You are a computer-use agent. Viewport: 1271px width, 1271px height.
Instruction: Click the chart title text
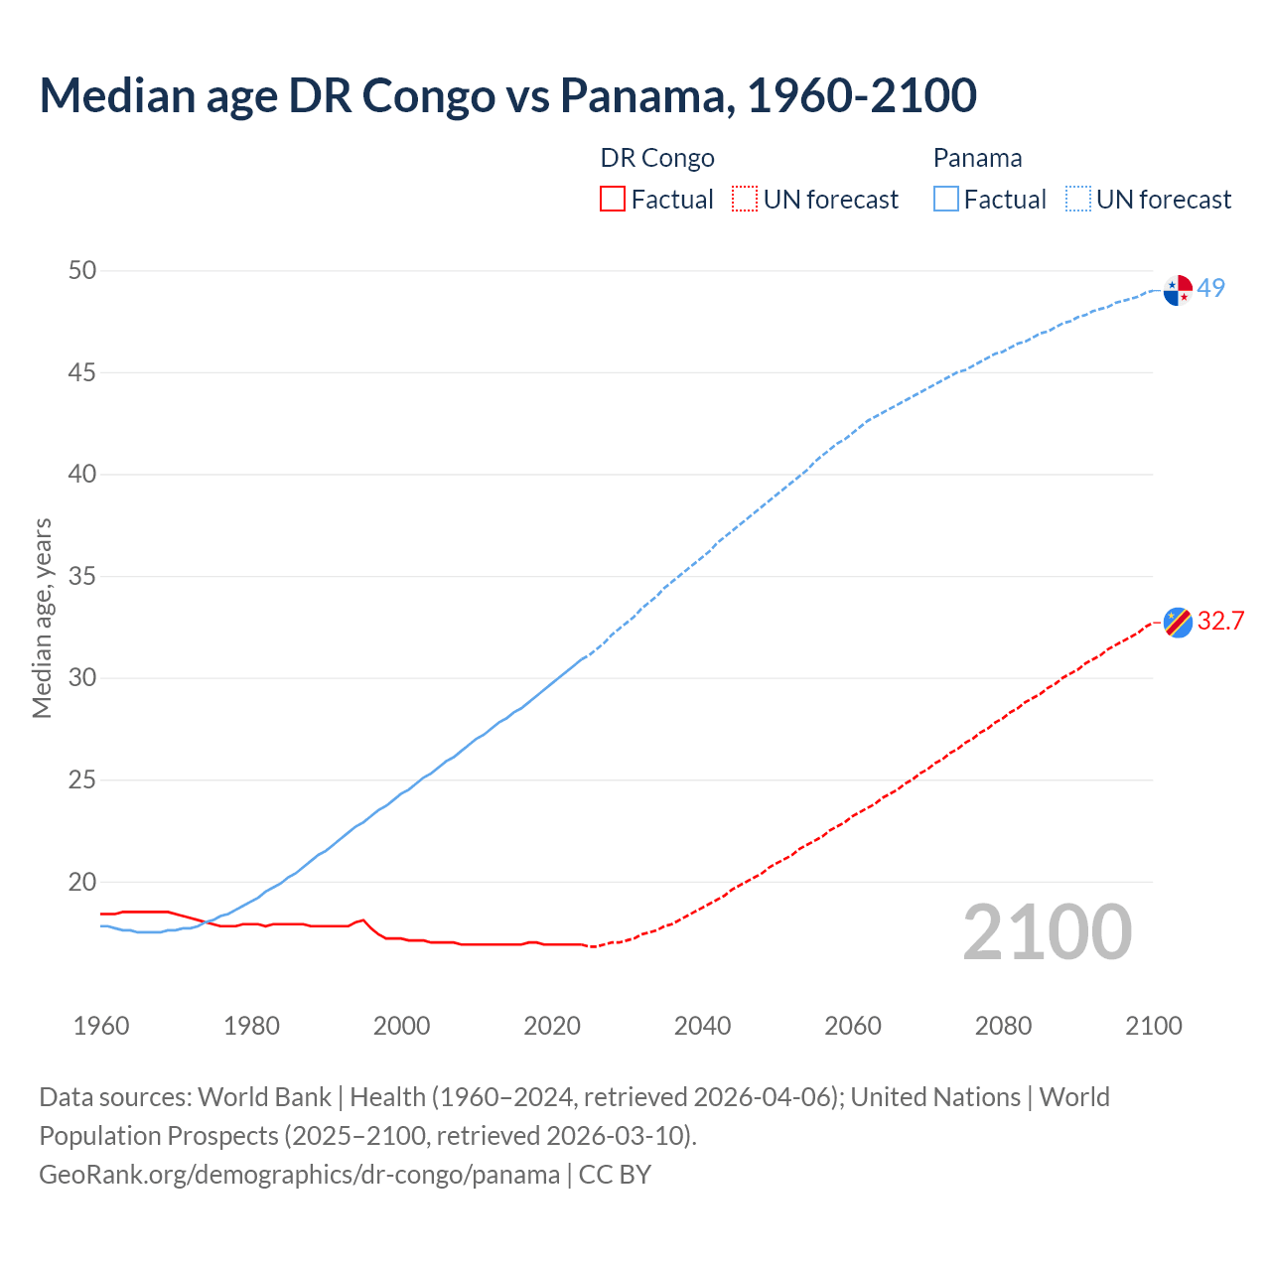pyautogui.click(x=507, y=95)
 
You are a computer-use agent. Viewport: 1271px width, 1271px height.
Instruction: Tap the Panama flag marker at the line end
pyautogui.click(x=1178, y=290)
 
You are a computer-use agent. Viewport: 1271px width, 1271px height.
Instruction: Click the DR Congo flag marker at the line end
pyautogui.click(x=1178, y=623)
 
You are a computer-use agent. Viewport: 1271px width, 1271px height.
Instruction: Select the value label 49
pyautogui.click(x=1211, y=289)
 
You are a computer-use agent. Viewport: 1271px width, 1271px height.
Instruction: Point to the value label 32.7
pyautogui.click(x=1220, y=622)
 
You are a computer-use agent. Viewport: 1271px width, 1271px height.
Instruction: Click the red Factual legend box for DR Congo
pyautogui.click(x=613, y=200)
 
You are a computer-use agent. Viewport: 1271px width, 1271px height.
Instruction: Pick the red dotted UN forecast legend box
pyautogui.click(x=745, y=200)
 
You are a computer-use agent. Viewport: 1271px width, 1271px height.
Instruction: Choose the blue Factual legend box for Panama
pyautogui.click(x=946, y=200)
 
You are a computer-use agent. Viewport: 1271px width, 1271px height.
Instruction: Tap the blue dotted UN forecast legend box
pyautogui.click(x=1077, y=200)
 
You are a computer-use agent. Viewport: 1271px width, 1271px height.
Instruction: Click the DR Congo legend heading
pyautogui.click(x=657, y=159)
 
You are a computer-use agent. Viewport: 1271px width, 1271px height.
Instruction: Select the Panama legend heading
pyautogui.click(x=977, y=159)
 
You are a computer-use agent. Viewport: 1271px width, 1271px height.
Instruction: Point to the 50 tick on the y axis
pyautogui.click(x=83, y=271)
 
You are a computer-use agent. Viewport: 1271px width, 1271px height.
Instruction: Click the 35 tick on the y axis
pyautogui.click(x=83, y=577)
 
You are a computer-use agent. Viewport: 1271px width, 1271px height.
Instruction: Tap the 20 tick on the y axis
pyautogui.click(x=83, y=883)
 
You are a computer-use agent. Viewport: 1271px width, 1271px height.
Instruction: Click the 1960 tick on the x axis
pyautogui.click(x=101, y=1026)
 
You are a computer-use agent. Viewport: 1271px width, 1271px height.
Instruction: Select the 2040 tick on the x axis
pyautogui.click(x=702, y=1026)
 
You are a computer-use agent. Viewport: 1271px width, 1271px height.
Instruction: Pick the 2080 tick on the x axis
pyautogui.click(x=1003, y=1026)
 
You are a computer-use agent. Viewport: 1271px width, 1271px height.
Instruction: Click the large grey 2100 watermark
pyautogui.click(x=1047, y=932)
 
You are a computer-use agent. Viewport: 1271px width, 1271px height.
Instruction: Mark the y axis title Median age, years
pyautogui.click(x=42, y=618)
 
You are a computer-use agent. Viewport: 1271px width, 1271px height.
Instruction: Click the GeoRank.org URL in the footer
pyautogui.click(x=299, y=1175)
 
